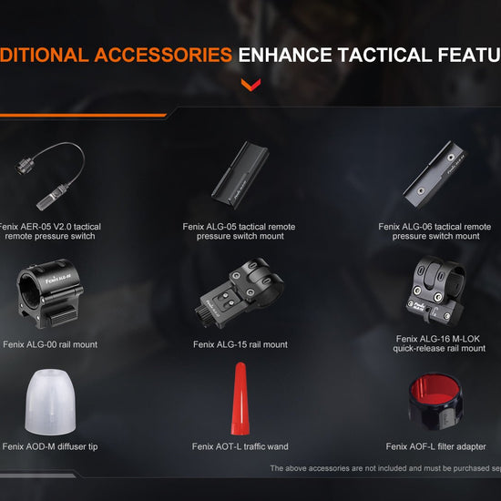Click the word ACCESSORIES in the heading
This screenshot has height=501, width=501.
[160, 55]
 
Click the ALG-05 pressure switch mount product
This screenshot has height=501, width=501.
[239, 171]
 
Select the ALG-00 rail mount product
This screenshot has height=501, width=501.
[51, 289]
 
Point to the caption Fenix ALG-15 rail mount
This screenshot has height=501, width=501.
[240, 345]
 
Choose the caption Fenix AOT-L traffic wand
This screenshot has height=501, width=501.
[240, 446]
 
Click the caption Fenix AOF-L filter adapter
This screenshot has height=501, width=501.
[435, 446]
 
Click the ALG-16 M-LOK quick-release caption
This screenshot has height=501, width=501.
[440, 343]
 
